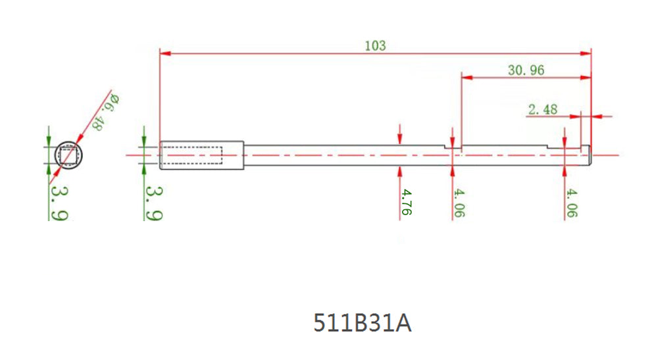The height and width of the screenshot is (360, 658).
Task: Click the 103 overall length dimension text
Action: point(375,45)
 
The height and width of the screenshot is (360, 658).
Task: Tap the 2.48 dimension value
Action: point(542,109)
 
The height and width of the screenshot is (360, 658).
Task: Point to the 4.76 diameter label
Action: point(407,202)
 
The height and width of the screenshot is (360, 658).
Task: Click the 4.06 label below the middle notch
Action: point(459,203)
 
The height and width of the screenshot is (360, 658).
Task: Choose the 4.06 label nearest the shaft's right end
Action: point(572,203)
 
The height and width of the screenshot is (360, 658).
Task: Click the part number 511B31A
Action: point(362,323)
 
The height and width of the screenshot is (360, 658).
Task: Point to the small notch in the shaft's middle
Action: point(453,146)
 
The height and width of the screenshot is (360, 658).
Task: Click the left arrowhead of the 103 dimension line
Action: point(165,52)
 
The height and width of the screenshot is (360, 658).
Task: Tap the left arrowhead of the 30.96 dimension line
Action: point(467,77)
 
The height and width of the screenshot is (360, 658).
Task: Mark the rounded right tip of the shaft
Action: point(590,155)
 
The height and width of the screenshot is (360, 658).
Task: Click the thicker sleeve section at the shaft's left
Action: point(203,155)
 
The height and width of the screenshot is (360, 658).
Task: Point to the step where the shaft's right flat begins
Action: point(549,146)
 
